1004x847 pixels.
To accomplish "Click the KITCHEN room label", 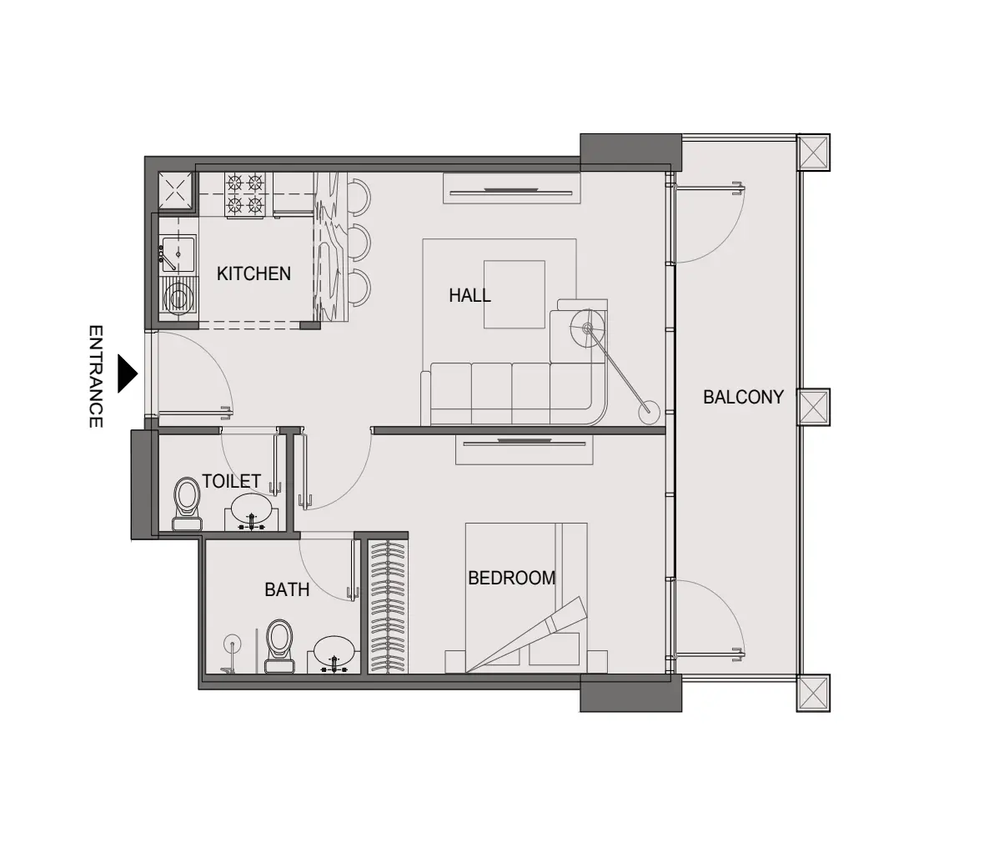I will (254, 273).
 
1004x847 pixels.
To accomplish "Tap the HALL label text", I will (469, 295).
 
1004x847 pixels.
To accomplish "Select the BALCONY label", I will (743, 397).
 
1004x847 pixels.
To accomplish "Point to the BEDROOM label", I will (511, 578).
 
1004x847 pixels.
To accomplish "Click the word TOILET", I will (231, 482).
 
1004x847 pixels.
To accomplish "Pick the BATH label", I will (287, 590).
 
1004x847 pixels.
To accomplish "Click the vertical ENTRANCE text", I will (96, 376).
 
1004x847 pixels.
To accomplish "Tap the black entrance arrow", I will (126, 374).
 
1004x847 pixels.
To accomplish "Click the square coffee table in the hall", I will (514, 294).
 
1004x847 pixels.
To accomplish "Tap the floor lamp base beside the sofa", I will (647, 410).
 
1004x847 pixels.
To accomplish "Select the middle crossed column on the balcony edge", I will (813, 408).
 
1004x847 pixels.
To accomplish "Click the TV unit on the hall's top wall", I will (510, 188).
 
